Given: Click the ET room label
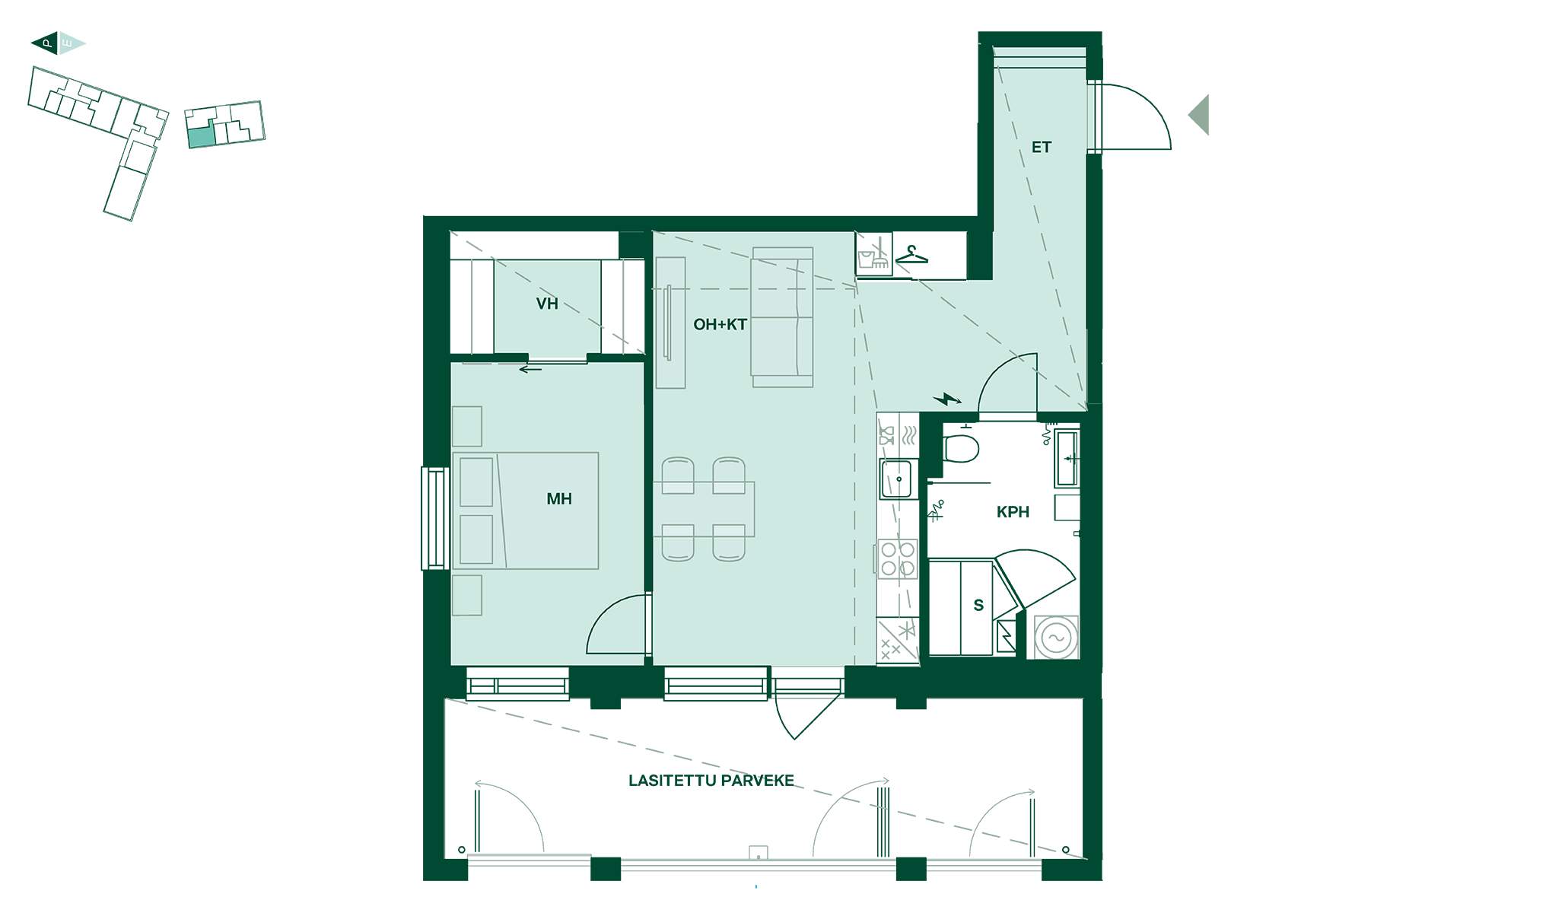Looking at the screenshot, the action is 1042,148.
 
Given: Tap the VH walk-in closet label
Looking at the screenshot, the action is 547,304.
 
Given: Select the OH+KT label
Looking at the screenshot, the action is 720,325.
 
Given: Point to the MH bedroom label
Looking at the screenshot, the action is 559,499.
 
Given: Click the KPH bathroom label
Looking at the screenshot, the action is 1013,513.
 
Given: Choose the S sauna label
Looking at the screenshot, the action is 978,606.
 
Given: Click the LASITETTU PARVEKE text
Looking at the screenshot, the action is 711,781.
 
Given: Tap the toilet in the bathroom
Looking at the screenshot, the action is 960,445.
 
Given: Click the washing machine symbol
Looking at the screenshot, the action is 1056,637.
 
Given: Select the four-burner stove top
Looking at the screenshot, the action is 898,558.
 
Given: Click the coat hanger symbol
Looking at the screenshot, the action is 911,255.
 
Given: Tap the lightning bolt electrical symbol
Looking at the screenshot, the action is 947,399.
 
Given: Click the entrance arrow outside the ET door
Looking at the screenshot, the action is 1199,115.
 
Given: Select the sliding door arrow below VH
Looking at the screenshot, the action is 530,370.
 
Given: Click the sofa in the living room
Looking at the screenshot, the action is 782,317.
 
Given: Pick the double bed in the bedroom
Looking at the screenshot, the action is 526,511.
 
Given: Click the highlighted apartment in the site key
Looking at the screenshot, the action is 201,138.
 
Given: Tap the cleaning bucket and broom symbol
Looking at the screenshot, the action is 873,254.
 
